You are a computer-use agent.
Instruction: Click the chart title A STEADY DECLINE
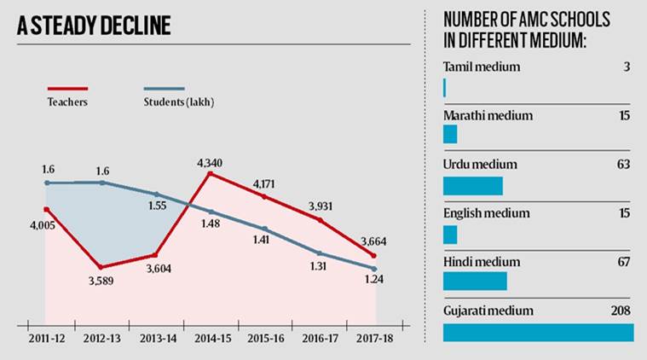tap(94, 26)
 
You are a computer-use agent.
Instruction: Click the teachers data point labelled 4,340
tap(210, 173)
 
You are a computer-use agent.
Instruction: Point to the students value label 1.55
tap(156, 206)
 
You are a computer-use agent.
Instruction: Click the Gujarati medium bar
tap(538, 332)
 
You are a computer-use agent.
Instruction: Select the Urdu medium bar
tap(473, 186)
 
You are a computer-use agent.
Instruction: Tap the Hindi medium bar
tap(475, 281)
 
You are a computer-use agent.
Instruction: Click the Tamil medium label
tap(482, 67)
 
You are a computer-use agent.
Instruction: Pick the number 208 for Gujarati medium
tap(619, 311)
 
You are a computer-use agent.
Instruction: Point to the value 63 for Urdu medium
tap(622, 164)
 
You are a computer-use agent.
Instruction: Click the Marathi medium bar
tap(450, 135)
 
